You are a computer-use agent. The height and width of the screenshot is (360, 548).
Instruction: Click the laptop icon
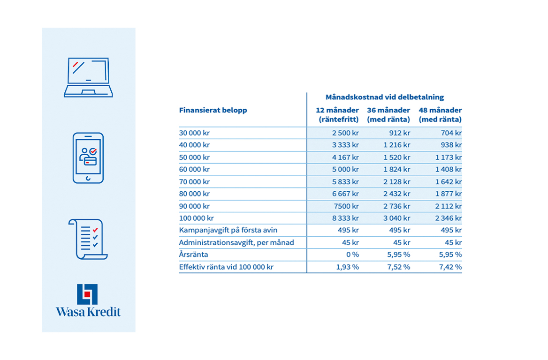coord(88,77)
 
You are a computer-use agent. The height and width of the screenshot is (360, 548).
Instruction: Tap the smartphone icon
coord(88,158)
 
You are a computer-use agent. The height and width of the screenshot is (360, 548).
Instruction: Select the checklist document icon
coord(88,239)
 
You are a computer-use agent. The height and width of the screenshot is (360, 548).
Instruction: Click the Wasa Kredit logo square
coord(87,294)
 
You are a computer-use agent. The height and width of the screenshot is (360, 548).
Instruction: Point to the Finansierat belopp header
coord(213,110)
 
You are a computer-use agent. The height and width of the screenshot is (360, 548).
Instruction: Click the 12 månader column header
coord(337,115)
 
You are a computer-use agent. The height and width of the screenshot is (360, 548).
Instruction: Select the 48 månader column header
coord(440,115)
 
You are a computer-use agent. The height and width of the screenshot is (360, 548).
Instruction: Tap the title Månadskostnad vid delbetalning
coord(385,97)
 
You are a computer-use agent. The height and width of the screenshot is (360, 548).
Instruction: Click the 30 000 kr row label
coord(194,133)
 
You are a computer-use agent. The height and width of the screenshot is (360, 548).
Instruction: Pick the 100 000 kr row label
coord(196,218)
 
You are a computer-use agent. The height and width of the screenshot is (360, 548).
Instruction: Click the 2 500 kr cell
coord(345,133)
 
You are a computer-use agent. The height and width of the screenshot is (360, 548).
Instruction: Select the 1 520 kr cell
coord(396,157)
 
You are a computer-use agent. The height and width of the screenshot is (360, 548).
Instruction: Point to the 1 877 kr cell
coord(449,194)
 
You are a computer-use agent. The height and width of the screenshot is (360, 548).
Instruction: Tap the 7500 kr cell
coord(346,206)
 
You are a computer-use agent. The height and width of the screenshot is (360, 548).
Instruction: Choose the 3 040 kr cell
coord(396,218)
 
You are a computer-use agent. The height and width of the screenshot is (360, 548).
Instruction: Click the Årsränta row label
coord(193,255)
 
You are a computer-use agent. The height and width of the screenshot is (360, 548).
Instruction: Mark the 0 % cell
coord(353,255)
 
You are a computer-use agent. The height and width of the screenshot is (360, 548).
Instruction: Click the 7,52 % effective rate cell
coord(398,267)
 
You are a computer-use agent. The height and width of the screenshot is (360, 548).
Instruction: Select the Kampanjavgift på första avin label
coord(228,230)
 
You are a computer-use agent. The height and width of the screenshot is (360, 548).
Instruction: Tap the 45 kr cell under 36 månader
coord(402,243)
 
